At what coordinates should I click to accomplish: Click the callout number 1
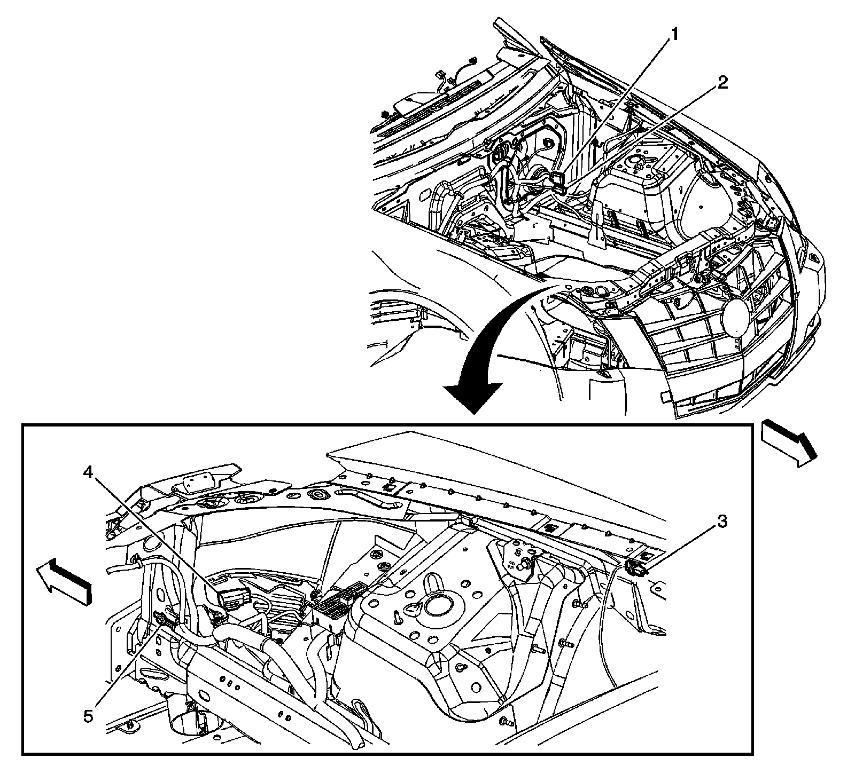[675, 35]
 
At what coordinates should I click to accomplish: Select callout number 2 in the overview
[722, 83]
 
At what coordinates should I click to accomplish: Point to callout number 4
[89, 472]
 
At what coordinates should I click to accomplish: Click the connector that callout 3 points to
[636, 570]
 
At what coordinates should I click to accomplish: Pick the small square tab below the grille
[665, 397]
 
